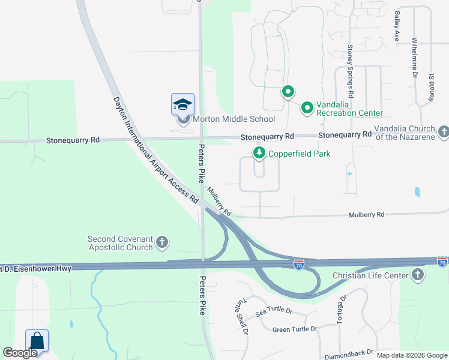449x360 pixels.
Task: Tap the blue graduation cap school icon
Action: click(x=182, y=105)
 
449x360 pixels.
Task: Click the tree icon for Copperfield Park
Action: click(x=259, y=154)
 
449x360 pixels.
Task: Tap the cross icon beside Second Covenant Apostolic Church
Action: click(x=161, y=242)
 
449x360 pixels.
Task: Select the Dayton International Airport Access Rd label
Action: click(x=155, y=151)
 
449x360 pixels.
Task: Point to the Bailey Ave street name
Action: click(x=396, y=25)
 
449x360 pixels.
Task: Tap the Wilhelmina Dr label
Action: click(x=414, y=59)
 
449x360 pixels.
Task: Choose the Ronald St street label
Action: click(x=431, y=89)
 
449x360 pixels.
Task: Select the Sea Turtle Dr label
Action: click(x=273, y=312)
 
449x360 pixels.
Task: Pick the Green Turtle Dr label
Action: click(x=295, y=329)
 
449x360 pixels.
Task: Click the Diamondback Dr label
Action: click(x=348, y=353)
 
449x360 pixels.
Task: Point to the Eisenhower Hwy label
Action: click(x=36, y=268)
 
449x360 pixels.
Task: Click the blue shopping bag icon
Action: click(x=37, y=341)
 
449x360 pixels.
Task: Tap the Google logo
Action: click(x=20, y=353)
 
